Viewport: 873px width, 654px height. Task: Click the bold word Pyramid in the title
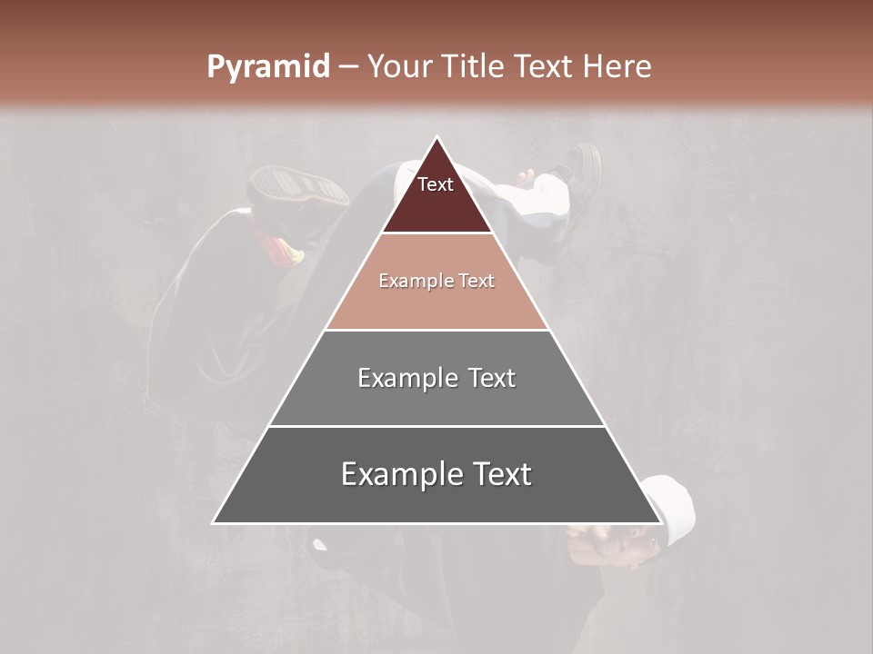click(x=267, y=67)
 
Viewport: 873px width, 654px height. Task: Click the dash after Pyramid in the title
click(x=347, y=67)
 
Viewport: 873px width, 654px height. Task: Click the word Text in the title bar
click(x=544, y=66)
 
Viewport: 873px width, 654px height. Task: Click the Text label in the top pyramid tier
click(x=436, y=184)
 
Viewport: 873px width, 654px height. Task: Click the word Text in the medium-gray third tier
click(x=492, y=378)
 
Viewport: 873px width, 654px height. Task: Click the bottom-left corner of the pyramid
click(x=214, y=522)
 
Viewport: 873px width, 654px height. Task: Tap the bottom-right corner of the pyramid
click(x=660, y=522)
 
